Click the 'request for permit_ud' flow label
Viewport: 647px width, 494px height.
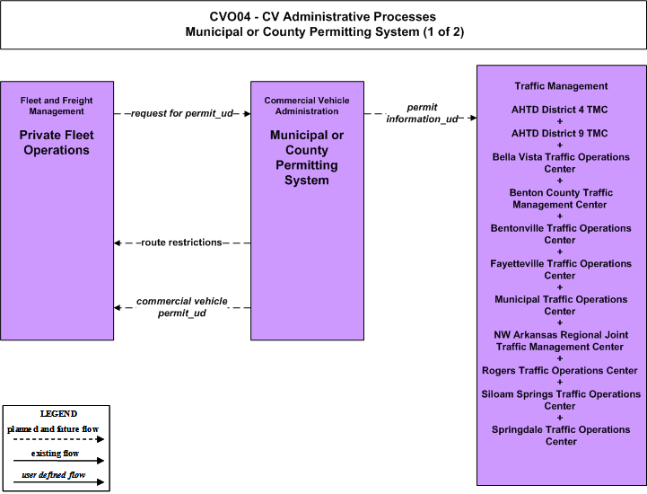click(182, 113)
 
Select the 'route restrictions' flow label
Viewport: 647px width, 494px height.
click(181, 243)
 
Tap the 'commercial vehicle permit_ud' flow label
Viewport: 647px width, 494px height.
click(182, 307)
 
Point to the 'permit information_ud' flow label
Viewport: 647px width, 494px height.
click(422, 113)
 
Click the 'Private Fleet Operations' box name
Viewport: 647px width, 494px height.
click(57, 143)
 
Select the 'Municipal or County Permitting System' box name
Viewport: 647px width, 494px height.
click(307, 157)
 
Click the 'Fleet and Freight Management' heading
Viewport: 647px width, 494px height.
click(57, 106)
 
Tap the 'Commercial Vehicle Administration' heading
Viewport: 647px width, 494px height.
click(307, 106)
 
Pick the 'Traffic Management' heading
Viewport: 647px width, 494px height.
click(561, 86)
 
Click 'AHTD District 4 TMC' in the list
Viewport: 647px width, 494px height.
click(560, 110)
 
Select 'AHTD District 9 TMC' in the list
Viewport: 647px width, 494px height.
click(560, 133)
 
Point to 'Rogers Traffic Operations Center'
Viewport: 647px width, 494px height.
click(560, 370)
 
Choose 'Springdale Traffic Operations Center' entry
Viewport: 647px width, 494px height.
click(561, 436)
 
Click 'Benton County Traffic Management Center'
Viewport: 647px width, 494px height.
click(560, 198)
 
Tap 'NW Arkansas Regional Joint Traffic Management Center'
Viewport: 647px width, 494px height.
click(560, 340)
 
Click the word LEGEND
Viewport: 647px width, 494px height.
click(58, 414)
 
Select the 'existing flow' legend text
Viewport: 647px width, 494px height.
click(55, 454)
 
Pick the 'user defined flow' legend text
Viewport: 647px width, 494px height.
click(54, 475)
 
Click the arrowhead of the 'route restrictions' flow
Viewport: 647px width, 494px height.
click(118, 243)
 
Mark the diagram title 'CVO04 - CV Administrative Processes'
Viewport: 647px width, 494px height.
click(323, 16)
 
